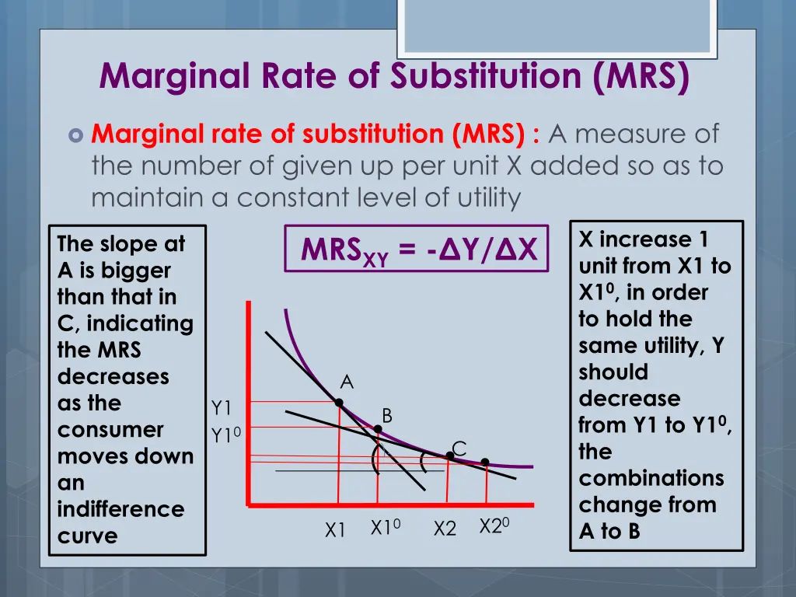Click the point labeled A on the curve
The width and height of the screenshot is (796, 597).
click(x=339, y=402)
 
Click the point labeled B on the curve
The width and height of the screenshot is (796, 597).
click(x=378, y=429)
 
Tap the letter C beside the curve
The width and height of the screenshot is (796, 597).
click(x=459, y=449)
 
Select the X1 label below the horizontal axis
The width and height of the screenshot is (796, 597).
click(x=335, y=530)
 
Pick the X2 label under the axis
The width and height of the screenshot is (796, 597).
click(x=445, y=529)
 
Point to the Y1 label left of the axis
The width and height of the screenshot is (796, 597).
click(x=222, y=408)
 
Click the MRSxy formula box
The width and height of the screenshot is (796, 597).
click(x=417, y=249)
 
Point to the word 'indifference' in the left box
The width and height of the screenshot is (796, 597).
click(x=120, y=509)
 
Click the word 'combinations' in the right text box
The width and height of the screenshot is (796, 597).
click(x=651, y=478)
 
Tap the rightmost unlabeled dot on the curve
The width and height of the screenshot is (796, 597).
click(x=485, y=462)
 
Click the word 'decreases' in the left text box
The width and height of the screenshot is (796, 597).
click(x=113, y=376)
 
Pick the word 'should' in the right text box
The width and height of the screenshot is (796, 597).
click(x=613, y=372)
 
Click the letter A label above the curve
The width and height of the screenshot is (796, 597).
click(x=347, y=382)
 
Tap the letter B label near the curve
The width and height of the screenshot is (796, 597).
click(x=387, y=415)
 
